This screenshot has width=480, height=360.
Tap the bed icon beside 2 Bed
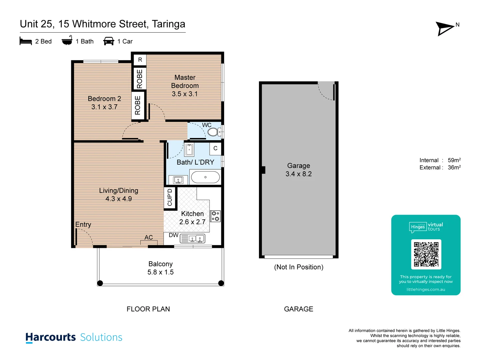pyautogui.click(x=26, y=41)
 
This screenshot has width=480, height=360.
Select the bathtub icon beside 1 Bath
pyautogui.click(x=67, y=40)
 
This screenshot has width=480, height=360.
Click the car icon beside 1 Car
pyautogui.click(x=109, y=41)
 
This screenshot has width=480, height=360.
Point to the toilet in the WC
pyautogui.click(x=213, y=132)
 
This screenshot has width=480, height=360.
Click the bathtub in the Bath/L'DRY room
pyautogui.click(x=205, y=177)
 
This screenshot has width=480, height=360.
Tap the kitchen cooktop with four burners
pyautogui.click(x=215, y=216)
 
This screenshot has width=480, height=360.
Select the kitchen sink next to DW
pyautogui.click(x=193, y=239)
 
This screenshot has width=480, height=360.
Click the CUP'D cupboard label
pyautogui.click(x=170, y=197)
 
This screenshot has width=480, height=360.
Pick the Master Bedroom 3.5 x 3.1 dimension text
pyautogui.click(x=185, y=94)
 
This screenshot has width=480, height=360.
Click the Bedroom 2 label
pyautogui.click(x=104, y=99)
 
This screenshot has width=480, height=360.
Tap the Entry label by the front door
pyautogui.click(x=83, y=224)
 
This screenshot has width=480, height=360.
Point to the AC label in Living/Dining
pyautogui.click(x=149, y=237)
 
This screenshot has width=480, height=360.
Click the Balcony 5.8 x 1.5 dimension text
pyautogui.click(x=160, y=272)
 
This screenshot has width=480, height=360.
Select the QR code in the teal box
pyautogui.click(x=426, y=254)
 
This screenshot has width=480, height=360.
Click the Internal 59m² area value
pyautogui.click(x=454, y=160)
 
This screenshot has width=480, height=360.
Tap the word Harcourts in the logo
pyautogui.click(x=51, y=337)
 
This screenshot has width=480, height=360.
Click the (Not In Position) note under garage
pyautogui.click(x=299, y=267)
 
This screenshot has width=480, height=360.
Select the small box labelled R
pyautogui.click(x=140, y=60)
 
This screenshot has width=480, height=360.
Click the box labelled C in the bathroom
pyautogui.click(x=215, y=148)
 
